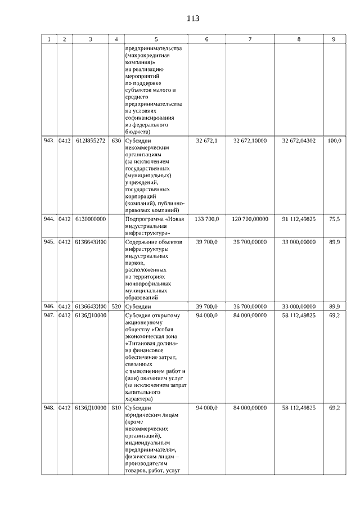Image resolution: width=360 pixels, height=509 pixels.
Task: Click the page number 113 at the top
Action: pyautogui.click(x=192, y=19)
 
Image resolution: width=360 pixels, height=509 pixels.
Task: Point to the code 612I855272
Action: pyautogui.click(x=90, y=141)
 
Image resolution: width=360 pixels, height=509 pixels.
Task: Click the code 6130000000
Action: pyautogui.click(x=90, y=218)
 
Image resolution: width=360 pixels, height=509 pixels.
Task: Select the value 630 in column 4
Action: pyautogui.click(x=116, y=141)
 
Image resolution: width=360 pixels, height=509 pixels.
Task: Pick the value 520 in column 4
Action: pyautogui.click(x=116, y=307)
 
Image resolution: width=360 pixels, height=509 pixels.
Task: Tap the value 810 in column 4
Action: pyautogui.click(x=116, y=408)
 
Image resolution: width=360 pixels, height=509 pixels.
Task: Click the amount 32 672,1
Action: pyautogui.click(x=207, y=141)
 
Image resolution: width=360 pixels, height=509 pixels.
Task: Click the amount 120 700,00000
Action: pyautogui.click(x=250, y=218)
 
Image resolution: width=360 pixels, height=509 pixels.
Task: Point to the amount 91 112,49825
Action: pyautogui.click(x=299, y=218)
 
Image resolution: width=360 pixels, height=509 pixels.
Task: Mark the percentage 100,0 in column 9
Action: pyautogui.click(x=334, y=141)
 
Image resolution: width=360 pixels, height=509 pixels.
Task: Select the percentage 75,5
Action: pyautogui.click(x=334, y=218)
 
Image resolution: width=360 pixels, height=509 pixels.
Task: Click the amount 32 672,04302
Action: pyautogui.click(x=299, y=141)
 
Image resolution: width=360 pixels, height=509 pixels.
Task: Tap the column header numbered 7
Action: pyautogui.click(x=250, y=39)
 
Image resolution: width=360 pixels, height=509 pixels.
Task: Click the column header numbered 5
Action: pyautogui.click(x=156, y=39)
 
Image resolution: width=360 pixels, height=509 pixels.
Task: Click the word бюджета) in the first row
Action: pyautogui.click(x=139, y=131)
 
